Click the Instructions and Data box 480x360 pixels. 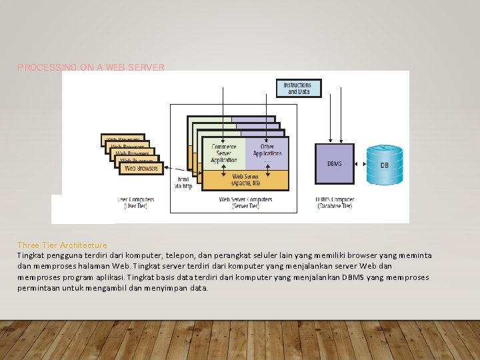[298, 89]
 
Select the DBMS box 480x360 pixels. [335, 163]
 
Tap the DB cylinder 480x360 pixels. [385, 165]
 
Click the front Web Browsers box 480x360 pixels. [141, 169]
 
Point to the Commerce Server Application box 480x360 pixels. [223, 153]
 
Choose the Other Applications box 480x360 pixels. [267, 151]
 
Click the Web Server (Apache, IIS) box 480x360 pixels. [245, 180]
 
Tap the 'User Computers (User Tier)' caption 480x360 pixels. [136, 203]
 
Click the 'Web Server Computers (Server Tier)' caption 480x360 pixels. [245, 203]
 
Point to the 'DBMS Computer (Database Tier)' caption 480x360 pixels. [335, 203]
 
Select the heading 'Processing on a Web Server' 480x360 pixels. [91, 67]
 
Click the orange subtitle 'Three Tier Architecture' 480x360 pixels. [62, 245]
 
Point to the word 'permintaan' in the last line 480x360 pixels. [37, 288]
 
